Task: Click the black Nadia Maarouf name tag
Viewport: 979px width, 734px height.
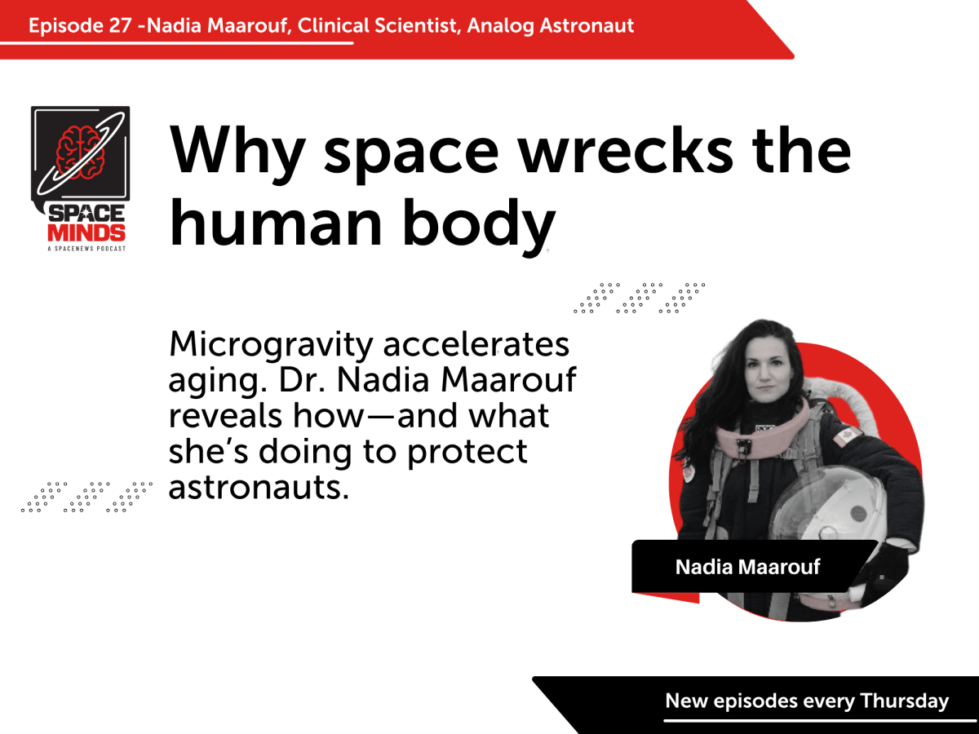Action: pyautogui.click(x=747, y=567)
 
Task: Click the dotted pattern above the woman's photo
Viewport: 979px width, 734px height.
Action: pyautogui.click(x=640, y=298)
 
